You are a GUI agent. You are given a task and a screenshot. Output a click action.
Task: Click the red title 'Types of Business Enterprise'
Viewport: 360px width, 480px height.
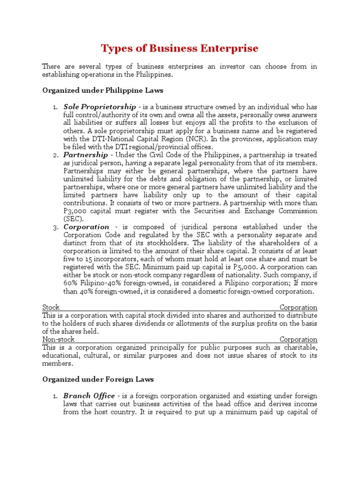pos(180,49)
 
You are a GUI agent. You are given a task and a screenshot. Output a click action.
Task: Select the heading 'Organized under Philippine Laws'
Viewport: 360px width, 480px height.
pos(103,90)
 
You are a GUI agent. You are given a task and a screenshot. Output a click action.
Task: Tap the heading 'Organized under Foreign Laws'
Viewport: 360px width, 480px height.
pos(98,379)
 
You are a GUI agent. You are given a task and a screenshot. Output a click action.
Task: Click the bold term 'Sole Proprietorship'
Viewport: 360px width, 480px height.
pos(100,107)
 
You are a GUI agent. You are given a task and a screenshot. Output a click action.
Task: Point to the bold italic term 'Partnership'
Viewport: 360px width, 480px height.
pos(82,155)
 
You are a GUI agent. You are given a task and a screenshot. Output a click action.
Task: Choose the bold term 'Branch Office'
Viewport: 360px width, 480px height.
pos(89,396)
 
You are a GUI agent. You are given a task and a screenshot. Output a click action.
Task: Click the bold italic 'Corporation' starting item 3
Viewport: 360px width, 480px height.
pos(86,227)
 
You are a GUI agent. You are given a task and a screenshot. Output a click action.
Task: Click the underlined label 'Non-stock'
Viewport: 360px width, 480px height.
pos(59,339)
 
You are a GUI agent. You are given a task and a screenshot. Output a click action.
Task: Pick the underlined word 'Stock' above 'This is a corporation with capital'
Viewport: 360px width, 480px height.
pos(51,307)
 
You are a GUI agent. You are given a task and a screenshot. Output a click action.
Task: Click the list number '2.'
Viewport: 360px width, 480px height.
pos(55,155)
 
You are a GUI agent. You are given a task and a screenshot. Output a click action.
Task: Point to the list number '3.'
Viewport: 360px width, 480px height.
pos(55,227)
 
